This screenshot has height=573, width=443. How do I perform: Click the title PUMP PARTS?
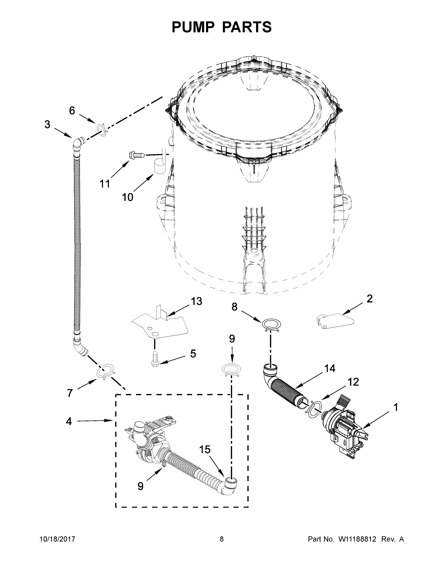coord(222,27)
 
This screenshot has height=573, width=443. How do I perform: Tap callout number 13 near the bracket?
coord(196,302)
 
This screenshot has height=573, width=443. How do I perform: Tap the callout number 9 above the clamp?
coord(232,339)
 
